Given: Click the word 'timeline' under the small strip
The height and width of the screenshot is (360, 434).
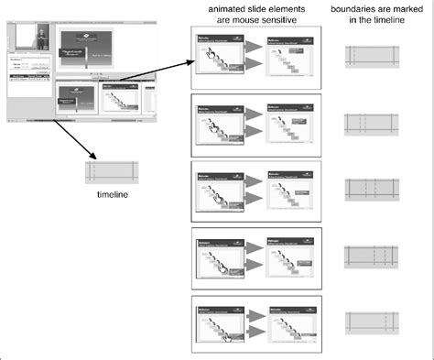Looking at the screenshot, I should point(110,195).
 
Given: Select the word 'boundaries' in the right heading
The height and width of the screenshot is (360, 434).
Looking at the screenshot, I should point(357,8).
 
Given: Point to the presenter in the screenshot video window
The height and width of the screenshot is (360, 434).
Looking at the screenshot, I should point(39,40).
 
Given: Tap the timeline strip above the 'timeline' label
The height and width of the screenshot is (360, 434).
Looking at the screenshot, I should point(111,171).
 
